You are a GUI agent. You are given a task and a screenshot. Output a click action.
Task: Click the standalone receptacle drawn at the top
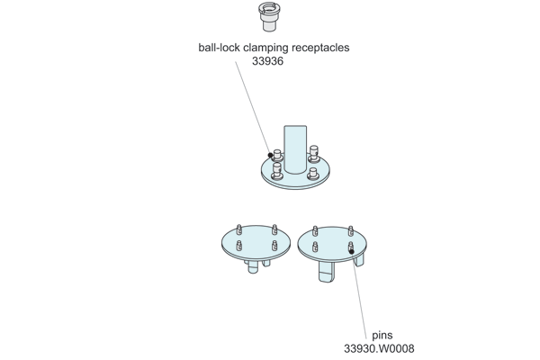pyautogui.click(x=268, y=16)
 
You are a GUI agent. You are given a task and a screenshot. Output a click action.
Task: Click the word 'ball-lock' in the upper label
pyautogui.click(x=220, y=48)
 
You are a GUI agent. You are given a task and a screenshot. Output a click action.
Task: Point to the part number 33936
pyautogui.click(x=271, y=62)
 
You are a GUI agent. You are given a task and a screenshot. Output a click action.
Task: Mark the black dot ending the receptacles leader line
pyautogui.click(x=270, y=156)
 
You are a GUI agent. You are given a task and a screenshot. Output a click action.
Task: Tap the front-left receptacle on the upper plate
pyautogui.click(x=276, y=168)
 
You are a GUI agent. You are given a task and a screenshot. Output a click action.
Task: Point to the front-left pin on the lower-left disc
pyautogui.click(x=239, y=245)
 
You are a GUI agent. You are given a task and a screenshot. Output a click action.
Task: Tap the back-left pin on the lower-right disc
pyautogui.click(x=315, y=230)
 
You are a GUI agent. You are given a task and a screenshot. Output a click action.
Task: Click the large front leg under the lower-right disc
pyautogui.click(x=327, y=272)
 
